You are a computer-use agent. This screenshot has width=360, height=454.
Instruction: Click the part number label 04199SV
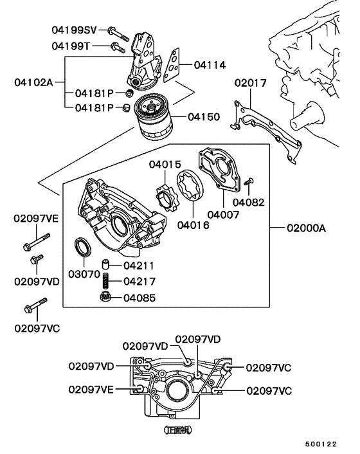pyautogui.click(x=75, y=30)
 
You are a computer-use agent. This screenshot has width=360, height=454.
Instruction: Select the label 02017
pyautogui.click(x=249, y=83)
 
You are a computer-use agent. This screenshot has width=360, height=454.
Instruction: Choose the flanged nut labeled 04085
pyautogui.click(x=107, y=296)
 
